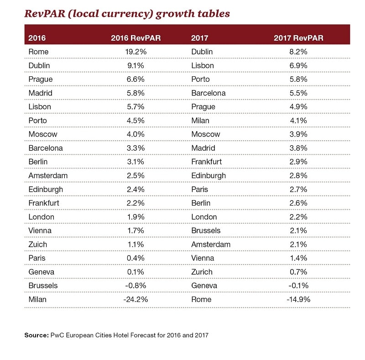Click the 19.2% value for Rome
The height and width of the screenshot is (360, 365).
coord(136,52)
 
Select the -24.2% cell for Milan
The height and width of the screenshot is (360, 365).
coord(135,299)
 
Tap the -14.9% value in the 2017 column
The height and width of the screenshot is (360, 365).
coord(298,299)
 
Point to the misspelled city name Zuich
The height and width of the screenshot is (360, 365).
coord(37,244)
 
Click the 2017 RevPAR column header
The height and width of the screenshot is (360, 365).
coord(298,38)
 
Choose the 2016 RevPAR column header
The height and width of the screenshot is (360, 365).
coord(136,38)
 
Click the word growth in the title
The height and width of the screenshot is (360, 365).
coord(174,14)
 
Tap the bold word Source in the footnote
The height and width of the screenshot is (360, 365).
coord(36,335)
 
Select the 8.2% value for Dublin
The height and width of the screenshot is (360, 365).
coord(298,52)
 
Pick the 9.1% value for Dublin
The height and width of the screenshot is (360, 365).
coord(136,65)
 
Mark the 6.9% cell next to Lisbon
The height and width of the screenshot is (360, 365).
coord(298,65)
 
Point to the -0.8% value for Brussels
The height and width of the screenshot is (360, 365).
coord(136,286)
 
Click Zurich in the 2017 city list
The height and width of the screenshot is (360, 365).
coord(202,272)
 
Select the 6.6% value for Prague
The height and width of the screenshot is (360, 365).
coord(136,79)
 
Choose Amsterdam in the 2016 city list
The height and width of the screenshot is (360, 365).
coord(47,175)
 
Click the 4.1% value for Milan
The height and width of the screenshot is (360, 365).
coord(298,121)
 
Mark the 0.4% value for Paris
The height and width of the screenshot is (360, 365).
coord(136,258)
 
